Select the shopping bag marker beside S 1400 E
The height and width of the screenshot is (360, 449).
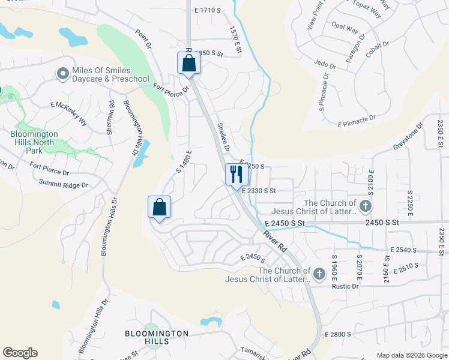[x=159, y=208]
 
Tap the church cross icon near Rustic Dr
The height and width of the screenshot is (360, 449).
[x=319, y=275]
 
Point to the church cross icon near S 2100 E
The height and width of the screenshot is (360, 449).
[x=366, y=207]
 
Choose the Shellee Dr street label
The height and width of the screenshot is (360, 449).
[x=223, y=137]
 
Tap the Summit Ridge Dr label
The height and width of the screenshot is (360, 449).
[x=63, y=184]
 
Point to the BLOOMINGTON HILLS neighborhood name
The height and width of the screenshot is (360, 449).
[x=157, y=337]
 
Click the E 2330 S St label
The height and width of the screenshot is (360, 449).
[x=259, y=191]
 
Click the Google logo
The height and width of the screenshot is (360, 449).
[x=20, y=353]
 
